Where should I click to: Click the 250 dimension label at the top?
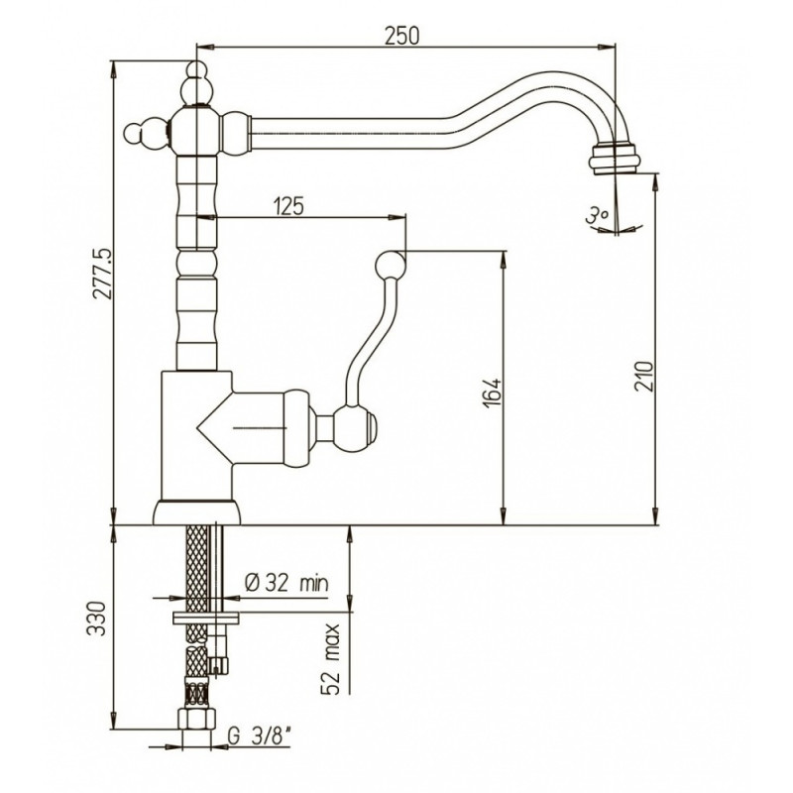[x=402, y=36]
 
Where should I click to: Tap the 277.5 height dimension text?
[x=103, y=281]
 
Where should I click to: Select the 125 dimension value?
[x=288, y=207]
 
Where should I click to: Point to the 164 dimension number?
[x=491, y=393]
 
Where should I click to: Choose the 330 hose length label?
[x=96, y=619]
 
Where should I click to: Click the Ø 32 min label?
[x=286, y=583]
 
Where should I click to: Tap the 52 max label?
[x=332, y=659]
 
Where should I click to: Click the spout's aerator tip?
[x=615, y=159]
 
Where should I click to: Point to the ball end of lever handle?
[x=391, y=264]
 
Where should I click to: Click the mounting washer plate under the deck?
[x=205, y=618]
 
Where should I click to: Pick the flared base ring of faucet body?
[x=196, y=512]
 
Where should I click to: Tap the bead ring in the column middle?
[x=197, y=264]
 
